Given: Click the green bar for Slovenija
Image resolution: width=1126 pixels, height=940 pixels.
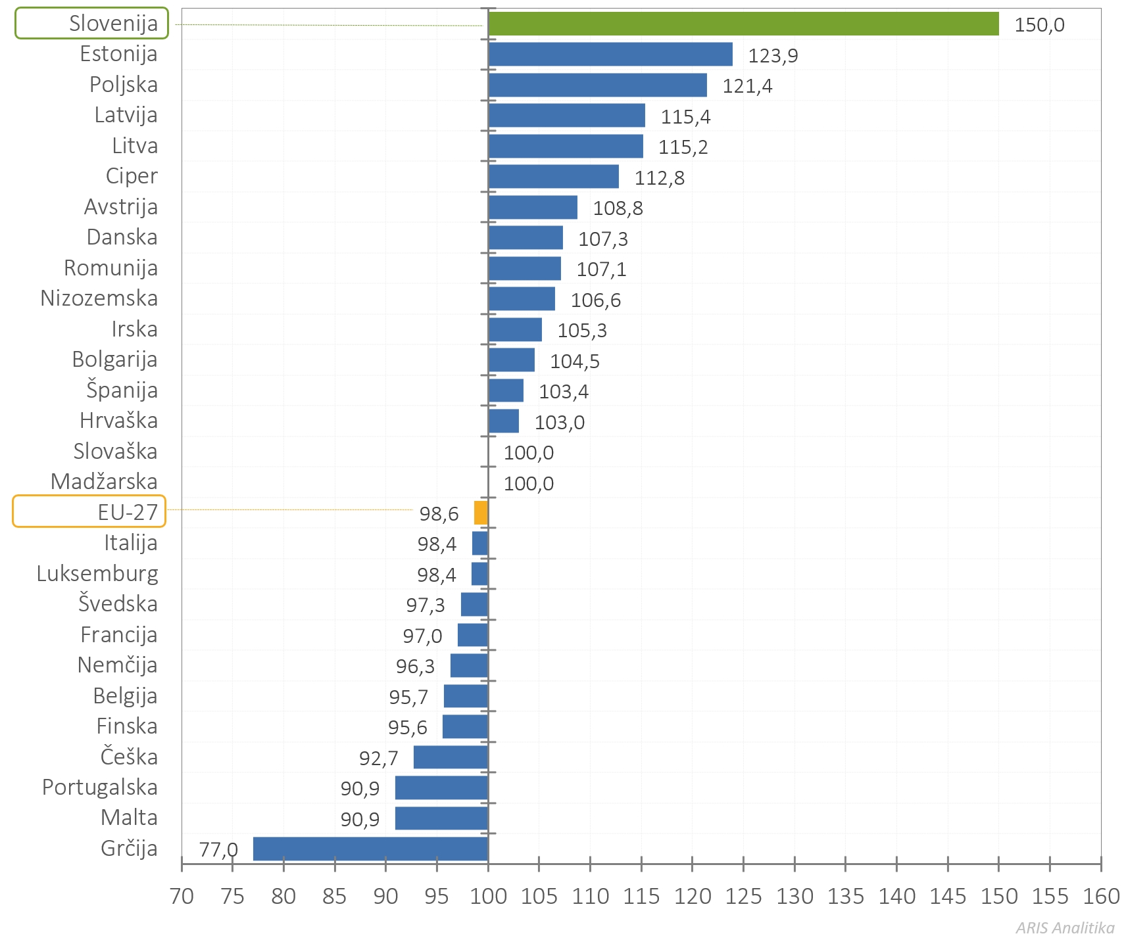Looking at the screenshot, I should tap(743, 24).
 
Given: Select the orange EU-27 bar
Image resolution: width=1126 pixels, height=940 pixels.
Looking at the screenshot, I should tap(481, 513).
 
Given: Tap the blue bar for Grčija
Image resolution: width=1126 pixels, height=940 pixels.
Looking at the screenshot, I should tap(370, 849).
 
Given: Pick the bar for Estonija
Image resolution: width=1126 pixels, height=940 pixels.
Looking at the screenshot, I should tap(610, 54).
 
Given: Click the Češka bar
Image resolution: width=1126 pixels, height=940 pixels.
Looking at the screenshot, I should tap(451, 757).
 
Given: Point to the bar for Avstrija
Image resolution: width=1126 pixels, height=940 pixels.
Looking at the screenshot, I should tap(533, 207).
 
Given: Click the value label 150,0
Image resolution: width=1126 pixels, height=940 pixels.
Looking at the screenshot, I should tap(1039, 25).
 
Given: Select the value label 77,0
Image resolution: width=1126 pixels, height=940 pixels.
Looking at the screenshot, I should tap(218, 850).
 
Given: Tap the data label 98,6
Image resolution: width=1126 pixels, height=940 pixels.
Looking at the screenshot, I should tap(439, 514).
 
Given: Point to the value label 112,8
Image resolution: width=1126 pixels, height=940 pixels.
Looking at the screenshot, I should tap(659, 178).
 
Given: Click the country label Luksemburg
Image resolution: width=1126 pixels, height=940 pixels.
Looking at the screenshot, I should tap(97, 574).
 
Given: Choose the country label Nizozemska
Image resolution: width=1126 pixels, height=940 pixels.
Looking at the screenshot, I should tap(99, 298).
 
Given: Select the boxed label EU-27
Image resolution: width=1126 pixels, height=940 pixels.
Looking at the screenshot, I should tap(89, 511).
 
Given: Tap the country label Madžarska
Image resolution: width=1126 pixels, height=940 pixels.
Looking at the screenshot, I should tap(104, 482).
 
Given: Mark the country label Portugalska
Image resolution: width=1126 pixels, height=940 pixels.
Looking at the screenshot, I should tap(100, 787).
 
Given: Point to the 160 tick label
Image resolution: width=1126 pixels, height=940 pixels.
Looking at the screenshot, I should tap(1101, 897).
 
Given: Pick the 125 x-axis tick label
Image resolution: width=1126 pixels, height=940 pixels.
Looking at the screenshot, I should tap(743, 897).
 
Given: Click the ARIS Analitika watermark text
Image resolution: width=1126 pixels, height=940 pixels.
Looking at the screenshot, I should tap(1065, 928).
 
